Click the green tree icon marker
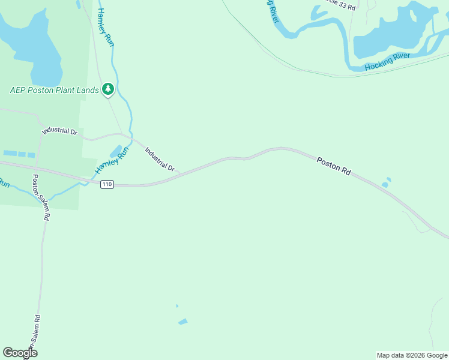click(x=108, y=89)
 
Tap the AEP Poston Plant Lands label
click(x=55, y=91)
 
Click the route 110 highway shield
click(x=107, y=184)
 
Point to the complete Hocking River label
click(x=388, y=61)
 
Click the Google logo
click(x=20, y=353)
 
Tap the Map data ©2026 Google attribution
click(x=412, y=355)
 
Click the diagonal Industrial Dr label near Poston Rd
click(x=159, y=160)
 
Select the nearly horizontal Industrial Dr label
click(x=59, y=131)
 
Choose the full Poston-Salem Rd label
click(x=40, y=197)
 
